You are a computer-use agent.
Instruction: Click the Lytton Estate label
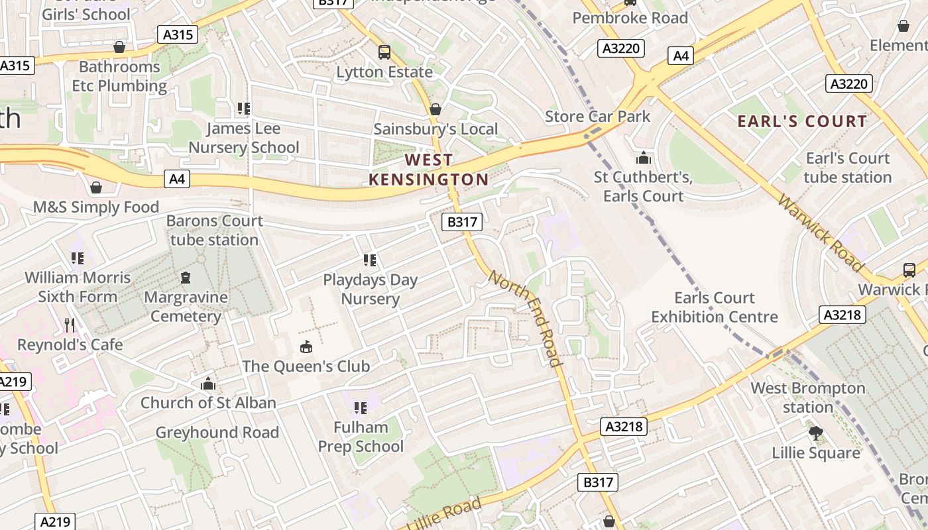coord(384,72)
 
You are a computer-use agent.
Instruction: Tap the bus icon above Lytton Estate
coord(384,52)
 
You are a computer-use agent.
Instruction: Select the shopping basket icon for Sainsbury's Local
coord(435,109)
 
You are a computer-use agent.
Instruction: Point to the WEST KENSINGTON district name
coord(428,170)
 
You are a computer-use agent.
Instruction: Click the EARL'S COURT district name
coord(802,121)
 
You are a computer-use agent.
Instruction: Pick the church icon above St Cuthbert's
coord(643,158)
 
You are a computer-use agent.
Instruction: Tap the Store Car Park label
coord(597,117)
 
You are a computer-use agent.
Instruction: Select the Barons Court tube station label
coord(214,230)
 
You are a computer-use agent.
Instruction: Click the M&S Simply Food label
coord(96,207)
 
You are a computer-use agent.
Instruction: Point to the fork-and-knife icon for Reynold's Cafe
coord(70,325)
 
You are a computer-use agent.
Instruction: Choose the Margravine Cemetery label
coord(186,306)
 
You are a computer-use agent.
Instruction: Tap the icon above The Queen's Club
coord(306,346)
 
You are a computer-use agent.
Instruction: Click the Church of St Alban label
coord(208,402)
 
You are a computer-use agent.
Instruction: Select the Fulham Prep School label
coord(361,437)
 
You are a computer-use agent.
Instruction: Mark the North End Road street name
coord(526,317)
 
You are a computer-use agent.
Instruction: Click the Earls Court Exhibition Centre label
coord(715,307)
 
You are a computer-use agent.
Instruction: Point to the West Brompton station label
coord(807,397)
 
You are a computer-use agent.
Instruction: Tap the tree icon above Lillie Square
coord(815,434)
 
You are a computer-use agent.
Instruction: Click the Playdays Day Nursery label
coord(370,289)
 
